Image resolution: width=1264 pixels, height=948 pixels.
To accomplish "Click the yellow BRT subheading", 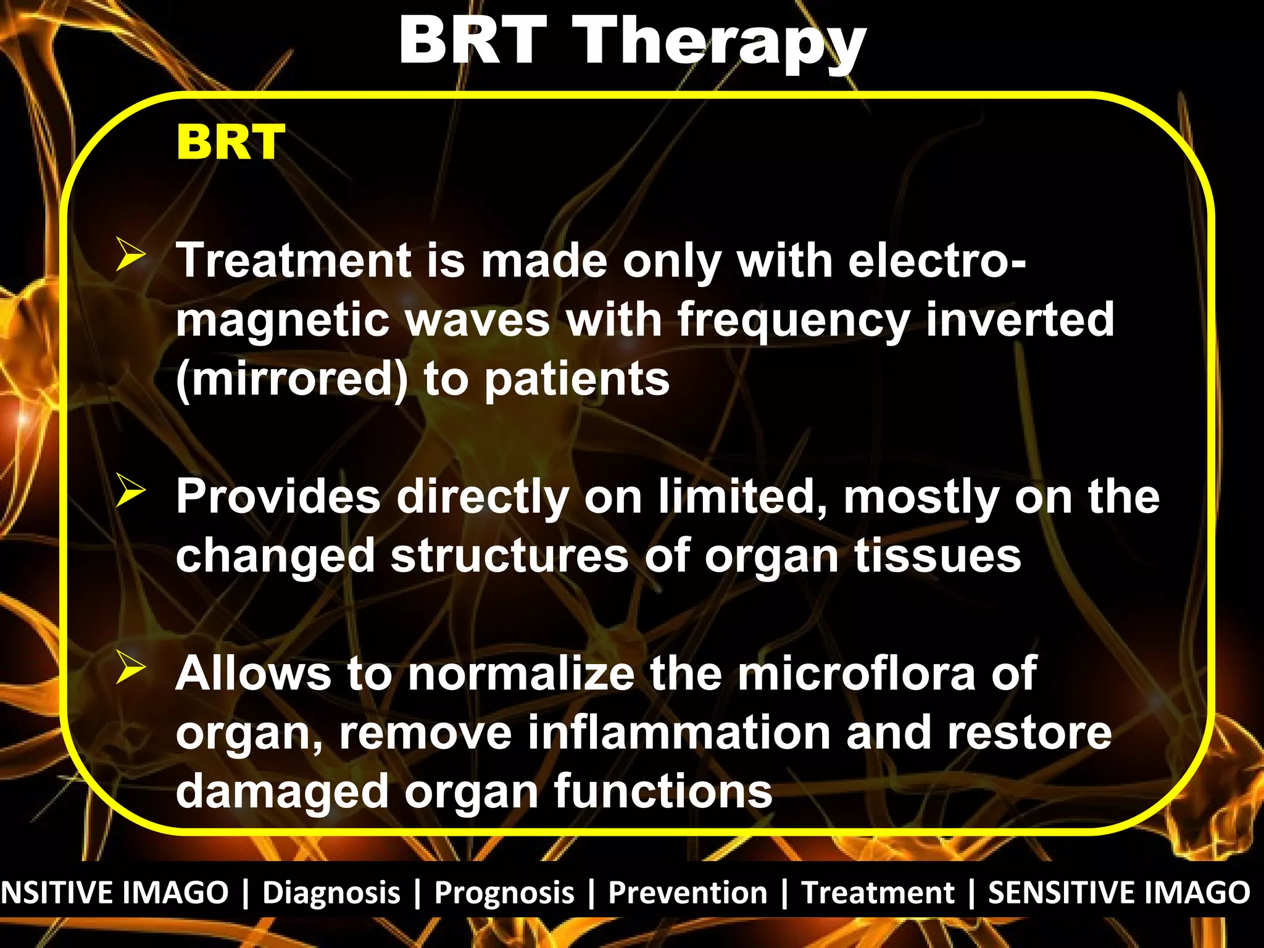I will click(230, 143).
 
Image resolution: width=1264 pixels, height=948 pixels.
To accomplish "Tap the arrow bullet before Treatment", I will click(130, 256).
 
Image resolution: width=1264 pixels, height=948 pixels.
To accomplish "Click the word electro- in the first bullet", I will click(937, 260).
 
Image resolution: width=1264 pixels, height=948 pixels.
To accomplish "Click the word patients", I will click(577, 380).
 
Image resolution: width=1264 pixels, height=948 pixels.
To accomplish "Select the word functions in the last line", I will click(663, 791).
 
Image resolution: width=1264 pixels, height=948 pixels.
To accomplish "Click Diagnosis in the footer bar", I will click(331, 892).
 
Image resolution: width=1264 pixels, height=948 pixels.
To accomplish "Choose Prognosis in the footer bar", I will click(504, 892).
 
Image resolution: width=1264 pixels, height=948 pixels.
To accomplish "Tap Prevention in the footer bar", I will click(688, 892).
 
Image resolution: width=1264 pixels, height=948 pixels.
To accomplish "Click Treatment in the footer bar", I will click(878, 892).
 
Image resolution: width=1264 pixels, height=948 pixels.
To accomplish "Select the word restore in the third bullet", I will click(1029, 732).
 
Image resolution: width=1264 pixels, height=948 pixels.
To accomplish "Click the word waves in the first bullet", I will click(477, 320).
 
